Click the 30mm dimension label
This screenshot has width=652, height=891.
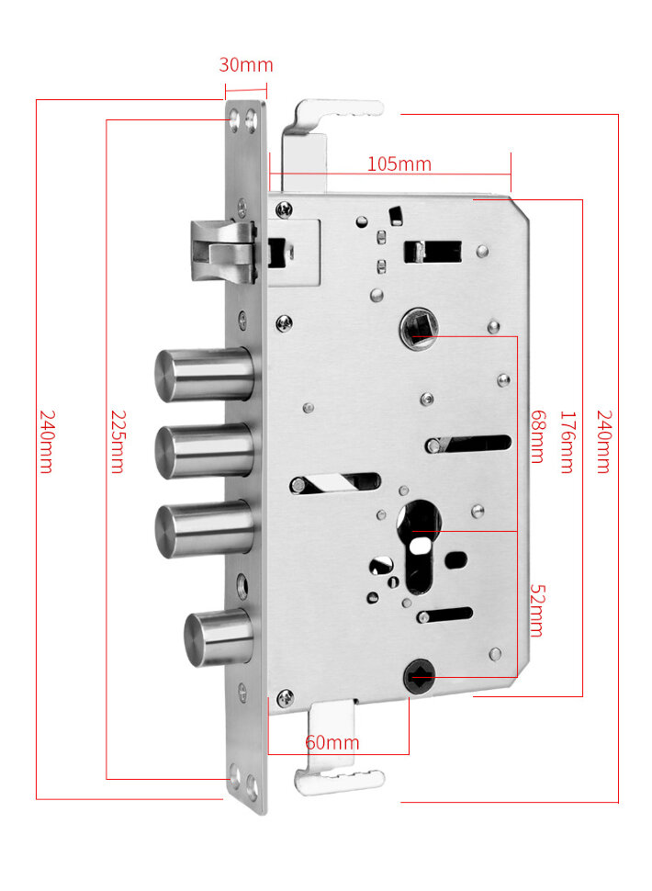pyautogui.click(x=245, y=65)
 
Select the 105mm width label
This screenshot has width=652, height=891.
pyautogui.click(x=399, y=164)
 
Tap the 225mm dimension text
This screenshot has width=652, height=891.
pyautogui.click(x=117, y=440)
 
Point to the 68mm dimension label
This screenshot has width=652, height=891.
pyautogui.click(x=537, y=436)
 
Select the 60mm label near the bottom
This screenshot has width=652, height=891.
pyautogui.click(x=332, y=742)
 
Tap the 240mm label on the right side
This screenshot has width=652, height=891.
pyautogui.click(x=603, y=441)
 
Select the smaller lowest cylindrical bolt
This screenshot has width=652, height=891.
pyautogui.click(x=219, y=638)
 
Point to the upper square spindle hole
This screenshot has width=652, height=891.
pyautogui.click(x=416, y=327)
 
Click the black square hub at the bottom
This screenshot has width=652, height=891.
pyautogui.click(x=418, y=678)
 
